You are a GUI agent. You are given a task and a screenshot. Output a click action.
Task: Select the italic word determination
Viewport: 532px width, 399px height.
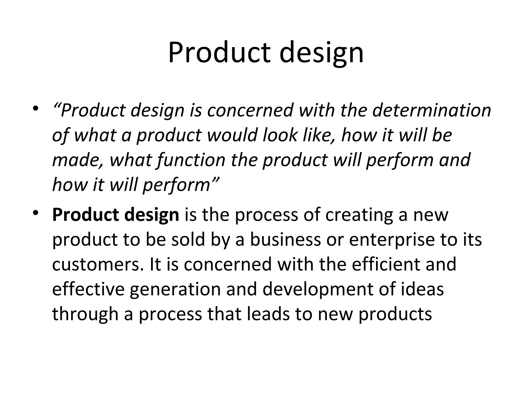[431, 110]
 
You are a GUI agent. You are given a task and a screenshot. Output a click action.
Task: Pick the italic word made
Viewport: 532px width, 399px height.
[76, 160]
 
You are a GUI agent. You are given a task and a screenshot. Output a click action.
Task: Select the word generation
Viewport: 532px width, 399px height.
[175, 290]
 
